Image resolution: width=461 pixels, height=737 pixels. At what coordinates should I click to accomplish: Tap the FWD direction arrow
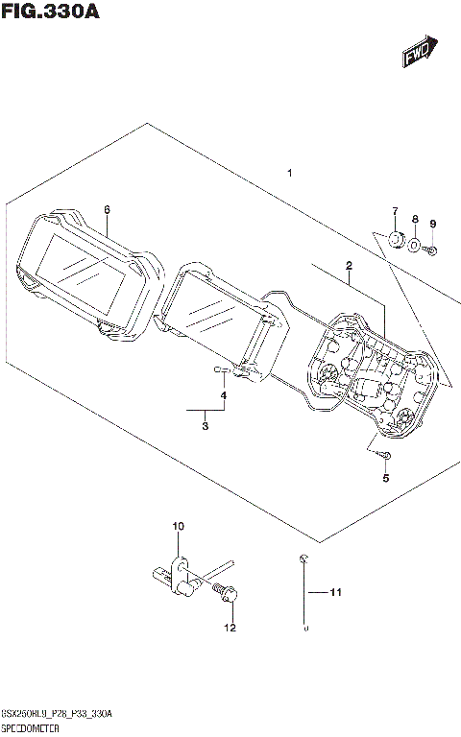click(420, 52)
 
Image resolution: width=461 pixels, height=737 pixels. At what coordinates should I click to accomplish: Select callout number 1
click(289, 174)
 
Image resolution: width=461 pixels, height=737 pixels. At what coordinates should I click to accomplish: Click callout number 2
click(349, 265)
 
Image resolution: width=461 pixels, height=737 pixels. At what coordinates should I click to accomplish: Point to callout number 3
click(205, 426)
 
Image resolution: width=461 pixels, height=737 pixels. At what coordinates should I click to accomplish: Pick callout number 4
click(223, 395)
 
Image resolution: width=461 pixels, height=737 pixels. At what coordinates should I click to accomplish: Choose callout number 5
click(385, 480)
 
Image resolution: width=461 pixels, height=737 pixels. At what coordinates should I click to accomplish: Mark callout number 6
click(107, 208)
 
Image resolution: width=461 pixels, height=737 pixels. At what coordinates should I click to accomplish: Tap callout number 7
click(393, 211)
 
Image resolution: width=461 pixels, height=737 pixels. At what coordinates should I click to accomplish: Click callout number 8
click(415, 220)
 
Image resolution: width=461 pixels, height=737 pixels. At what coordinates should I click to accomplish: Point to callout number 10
click(177, 526)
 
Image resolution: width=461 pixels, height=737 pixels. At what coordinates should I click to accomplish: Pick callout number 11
click(336, 592)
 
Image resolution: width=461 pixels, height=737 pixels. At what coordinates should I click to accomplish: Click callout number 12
click(229, 629)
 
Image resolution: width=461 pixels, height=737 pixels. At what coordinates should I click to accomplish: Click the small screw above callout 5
click(382, 454)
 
